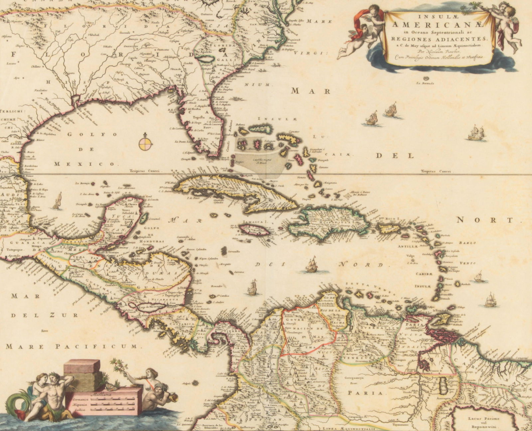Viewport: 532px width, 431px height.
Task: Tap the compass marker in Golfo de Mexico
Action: point(146,142)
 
